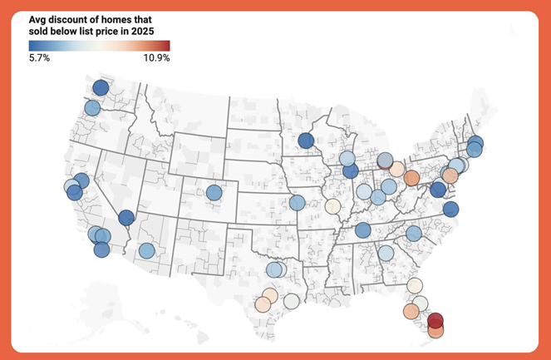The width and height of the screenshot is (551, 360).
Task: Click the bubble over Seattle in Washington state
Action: pos(101,88)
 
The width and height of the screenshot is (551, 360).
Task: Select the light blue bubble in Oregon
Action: pos(92,108)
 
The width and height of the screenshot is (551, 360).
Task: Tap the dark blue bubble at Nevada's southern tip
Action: pos(126,218)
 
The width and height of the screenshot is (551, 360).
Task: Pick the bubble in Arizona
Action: pos(146,250)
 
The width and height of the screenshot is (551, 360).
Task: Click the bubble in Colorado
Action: pos(214,193)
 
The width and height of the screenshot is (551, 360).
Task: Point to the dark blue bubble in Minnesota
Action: pos(306,141)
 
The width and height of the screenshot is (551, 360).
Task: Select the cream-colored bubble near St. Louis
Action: pos(332,206)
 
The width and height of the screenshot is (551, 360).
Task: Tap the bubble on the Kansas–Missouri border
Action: pos(297,203)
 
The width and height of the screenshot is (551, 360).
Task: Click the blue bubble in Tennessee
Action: pos(362,230)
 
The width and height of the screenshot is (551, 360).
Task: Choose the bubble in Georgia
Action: pos(386,253)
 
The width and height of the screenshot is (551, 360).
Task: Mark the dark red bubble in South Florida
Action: pos(435,321)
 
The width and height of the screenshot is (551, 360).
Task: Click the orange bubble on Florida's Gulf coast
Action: pos(411,311)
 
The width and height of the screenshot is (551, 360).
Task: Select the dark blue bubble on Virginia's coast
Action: pos(450,210)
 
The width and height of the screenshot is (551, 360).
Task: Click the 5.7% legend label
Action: pos(39,58)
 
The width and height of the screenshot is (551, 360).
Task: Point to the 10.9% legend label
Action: pos(156,58)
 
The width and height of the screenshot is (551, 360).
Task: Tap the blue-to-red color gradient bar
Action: pos(99,46)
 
